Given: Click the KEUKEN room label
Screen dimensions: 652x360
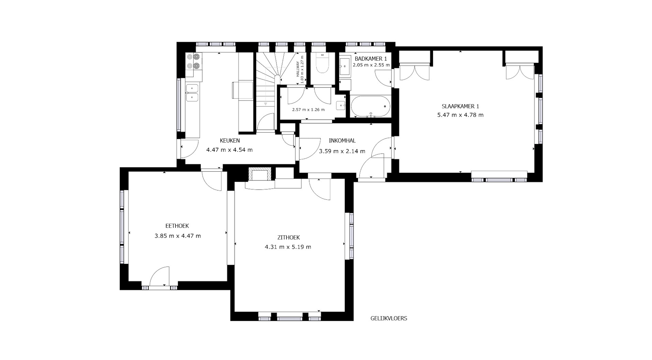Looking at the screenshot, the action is [x=230, y=140].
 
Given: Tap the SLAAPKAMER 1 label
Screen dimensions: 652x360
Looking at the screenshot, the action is [x=460, y=106].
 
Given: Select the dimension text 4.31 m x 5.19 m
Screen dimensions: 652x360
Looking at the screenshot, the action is [x=288, y=247].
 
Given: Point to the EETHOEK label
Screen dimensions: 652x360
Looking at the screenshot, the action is [x=177, y=226].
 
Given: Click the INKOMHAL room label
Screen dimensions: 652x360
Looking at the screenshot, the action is [x=342, y=140].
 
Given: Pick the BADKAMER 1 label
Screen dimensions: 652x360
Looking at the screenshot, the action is [x=371, y=58].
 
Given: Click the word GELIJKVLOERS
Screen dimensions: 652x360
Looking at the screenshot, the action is [x=389, y=318].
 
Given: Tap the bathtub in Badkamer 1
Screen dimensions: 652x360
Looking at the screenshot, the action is [x=371, y=106].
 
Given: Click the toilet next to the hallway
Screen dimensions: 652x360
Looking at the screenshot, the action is [x=323, y=63].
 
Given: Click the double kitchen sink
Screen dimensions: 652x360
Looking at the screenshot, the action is [x=192, y=93].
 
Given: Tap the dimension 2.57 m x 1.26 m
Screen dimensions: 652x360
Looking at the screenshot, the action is [x=308, y=109].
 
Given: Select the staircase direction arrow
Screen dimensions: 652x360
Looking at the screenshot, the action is [x=266, y=104].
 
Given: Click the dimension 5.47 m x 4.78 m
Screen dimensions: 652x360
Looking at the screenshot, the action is [x=460, y=115].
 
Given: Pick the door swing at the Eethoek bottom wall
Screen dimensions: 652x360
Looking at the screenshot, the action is [x=159, y=276].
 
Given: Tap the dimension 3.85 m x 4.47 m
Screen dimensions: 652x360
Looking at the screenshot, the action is [x=178, y=236].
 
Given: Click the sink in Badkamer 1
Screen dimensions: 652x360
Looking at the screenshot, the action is [x=345, y=66].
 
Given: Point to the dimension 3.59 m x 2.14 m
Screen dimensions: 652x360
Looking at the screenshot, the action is [x=342, y=151].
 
